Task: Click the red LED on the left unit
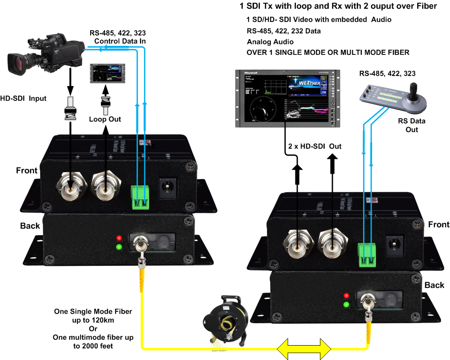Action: (119, 238)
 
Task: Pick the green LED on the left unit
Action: (119, 247)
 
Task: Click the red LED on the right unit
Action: (346, 296)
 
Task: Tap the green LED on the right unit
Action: (346, 305)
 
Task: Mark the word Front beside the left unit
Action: (27, 171)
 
